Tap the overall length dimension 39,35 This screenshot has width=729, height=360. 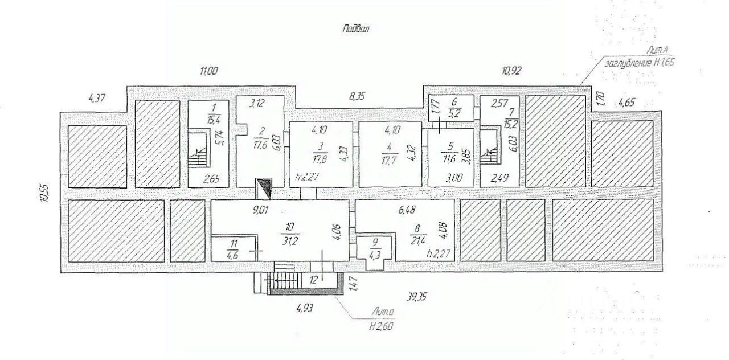[x=419, y=296]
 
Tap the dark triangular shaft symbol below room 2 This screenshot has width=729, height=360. [x=264, y=187]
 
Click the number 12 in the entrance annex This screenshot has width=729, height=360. [x=312, y=280]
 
